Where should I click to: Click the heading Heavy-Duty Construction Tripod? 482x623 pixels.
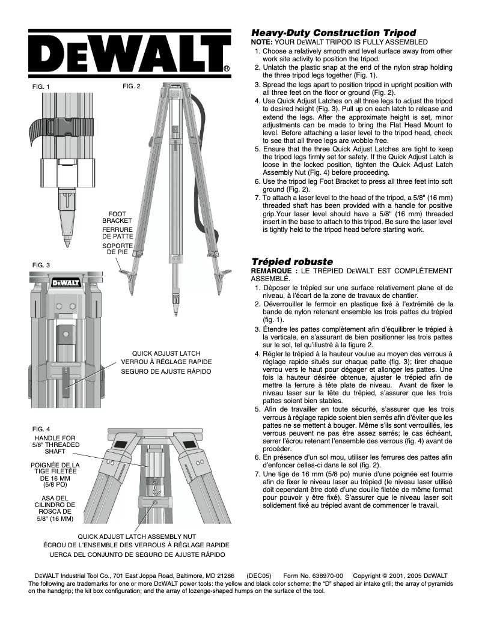point(333,32)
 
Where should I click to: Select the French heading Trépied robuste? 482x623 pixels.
point(291,262)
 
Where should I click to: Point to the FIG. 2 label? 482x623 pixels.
point(131,86)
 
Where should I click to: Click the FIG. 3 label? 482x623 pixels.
point(41,264)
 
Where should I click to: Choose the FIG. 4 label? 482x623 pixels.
point(41,428)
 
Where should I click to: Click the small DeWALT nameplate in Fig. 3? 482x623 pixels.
point(62,282)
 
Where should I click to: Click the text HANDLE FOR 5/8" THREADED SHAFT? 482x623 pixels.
point(55,445)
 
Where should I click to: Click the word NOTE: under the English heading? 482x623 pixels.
point(261,42)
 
